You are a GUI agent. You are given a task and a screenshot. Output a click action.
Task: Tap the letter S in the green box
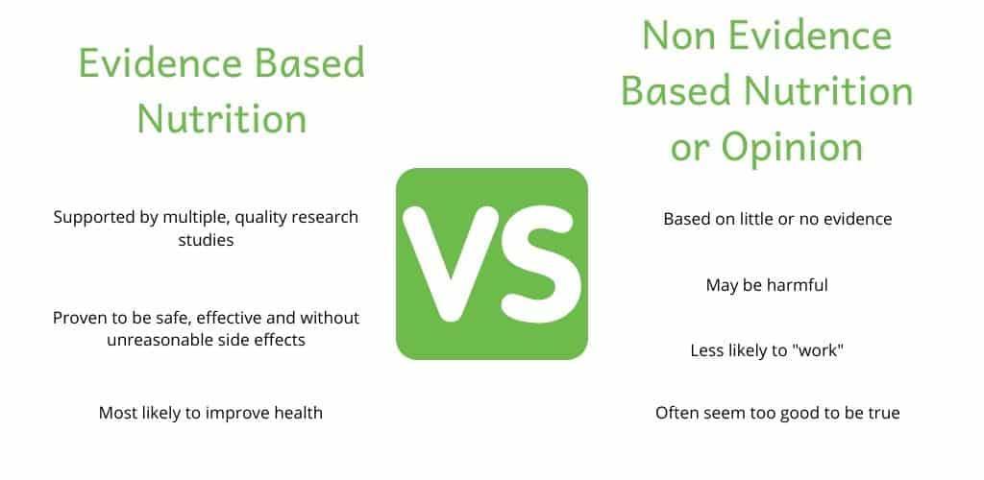[534, 264]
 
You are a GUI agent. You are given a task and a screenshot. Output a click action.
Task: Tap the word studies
[206, 240]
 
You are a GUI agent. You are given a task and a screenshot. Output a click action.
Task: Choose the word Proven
[81, 317]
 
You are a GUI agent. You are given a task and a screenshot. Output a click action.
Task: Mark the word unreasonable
[161, 340]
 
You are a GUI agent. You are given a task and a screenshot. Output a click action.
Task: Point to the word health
[297, 414]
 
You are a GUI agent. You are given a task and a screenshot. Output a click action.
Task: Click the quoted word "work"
[819, 351]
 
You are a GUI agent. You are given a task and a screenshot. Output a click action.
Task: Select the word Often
[677, 414]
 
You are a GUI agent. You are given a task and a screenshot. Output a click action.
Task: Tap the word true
[883, 414]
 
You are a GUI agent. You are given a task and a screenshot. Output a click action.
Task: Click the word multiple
[201, 217]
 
